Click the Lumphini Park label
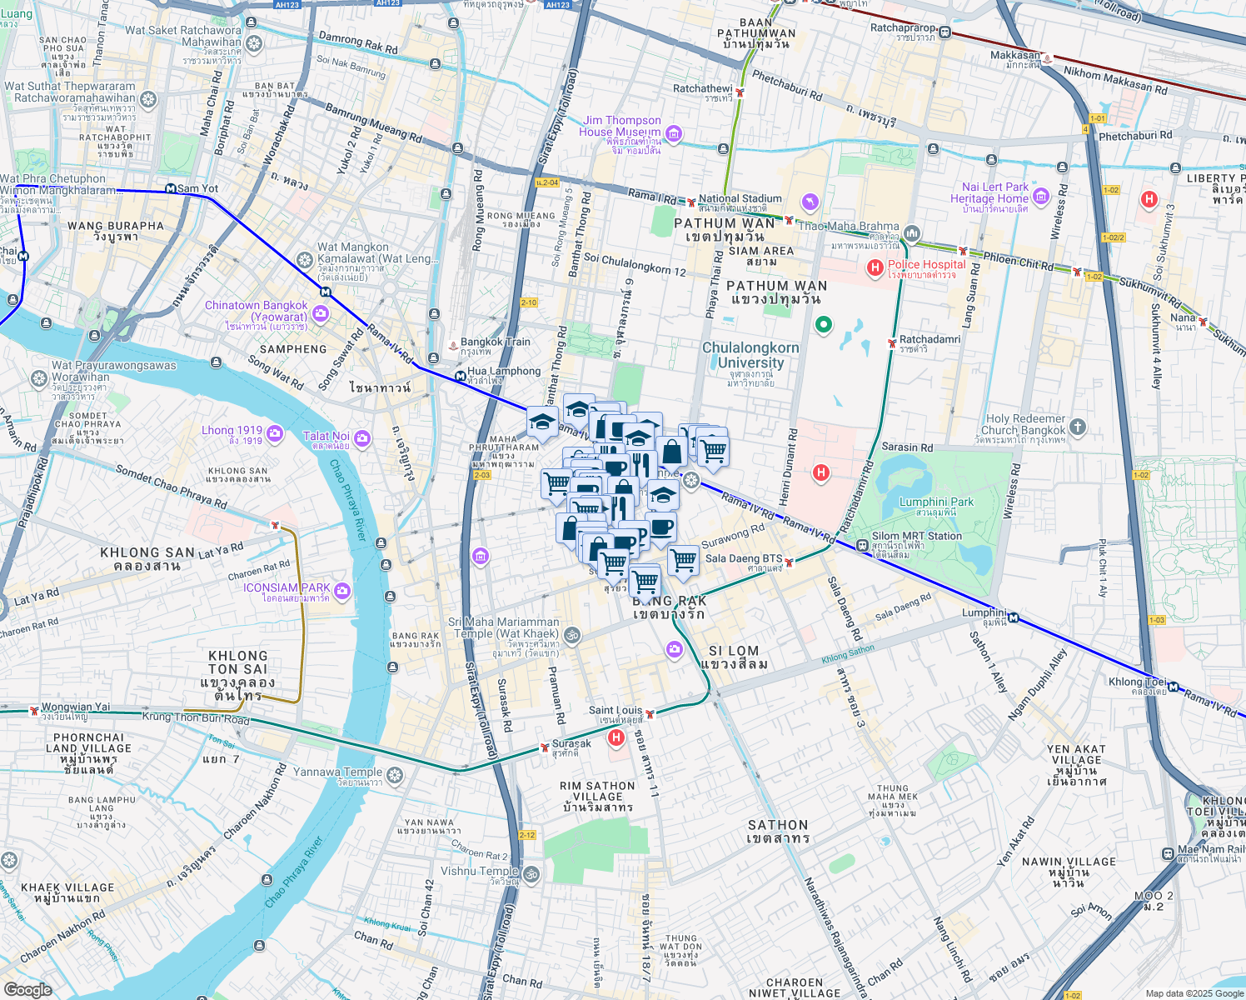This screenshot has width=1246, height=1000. (936, 502)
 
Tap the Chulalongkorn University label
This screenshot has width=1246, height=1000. (750, 355)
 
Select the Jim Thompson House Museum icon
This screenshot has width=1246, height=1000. (674, 133)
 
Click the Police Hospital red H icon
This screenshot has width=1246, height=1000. (875, 267)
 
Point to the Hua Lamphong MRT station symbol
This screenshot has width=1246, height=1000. (460, 377)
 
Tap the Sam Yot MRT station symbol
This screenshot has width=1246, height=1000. (171, 189)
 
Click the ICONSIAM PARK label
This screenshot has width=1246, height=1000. (287, 588)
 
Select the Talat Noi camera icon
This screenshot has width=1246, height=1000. (361, 437)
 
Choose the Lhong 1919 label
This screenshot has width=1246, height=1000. (232, 431)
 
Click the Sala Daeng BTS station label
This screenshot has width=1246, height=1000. (743, 558)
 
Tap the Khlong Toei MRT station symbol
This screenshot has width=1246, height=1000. (1173, 687)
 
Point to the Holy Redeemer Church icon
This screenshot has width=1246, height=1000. (1077, 427)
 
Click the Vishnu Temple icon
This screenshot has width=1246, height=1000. (531, 874)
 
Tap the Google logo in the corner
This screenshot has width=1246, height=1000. (27, 990)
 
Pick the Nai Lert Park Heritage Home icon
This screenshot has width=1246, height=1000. (1040, 197)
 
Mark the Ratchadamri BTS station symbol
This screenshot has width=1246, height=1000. (892, 342)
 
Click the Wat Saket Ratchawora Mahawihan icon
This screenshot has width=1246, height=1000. (254, 43)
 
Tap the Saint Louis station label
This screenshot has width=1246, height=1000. (616, 711)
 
